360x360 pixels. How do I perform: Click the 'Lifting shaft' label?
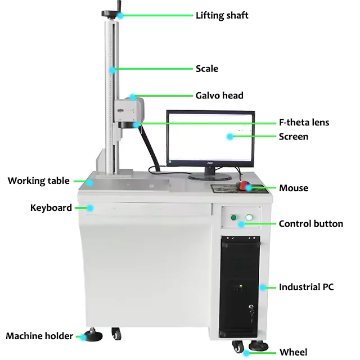point(222,15)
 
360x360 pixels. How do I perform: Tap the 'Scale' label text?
point(206,69)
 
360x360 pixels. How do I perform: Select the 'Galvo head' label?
point(219,96)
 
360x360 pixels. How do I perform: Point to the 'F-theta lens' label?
point(304,122)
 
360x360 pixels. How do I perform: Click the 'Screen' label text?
point(294,136)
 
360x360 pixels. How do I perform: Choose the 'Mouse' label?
point(294,188)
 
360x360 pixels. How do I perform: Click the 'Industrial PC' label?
point(306,287)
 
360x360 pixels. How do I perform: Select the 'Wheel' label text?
point(294,352)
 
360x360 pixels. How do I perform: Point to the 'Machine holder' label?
point(39,336)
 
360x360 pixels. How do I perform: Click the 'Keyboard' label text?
point(51,208)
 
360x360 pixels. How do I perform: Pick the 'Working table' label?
point(38,181)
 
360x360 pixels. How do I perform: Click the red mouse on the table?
point(244,185)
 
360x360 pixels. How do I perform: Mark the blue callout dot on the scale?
point(112,70)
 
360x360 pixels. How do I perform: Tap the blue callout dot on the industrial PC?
point(262,287)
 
